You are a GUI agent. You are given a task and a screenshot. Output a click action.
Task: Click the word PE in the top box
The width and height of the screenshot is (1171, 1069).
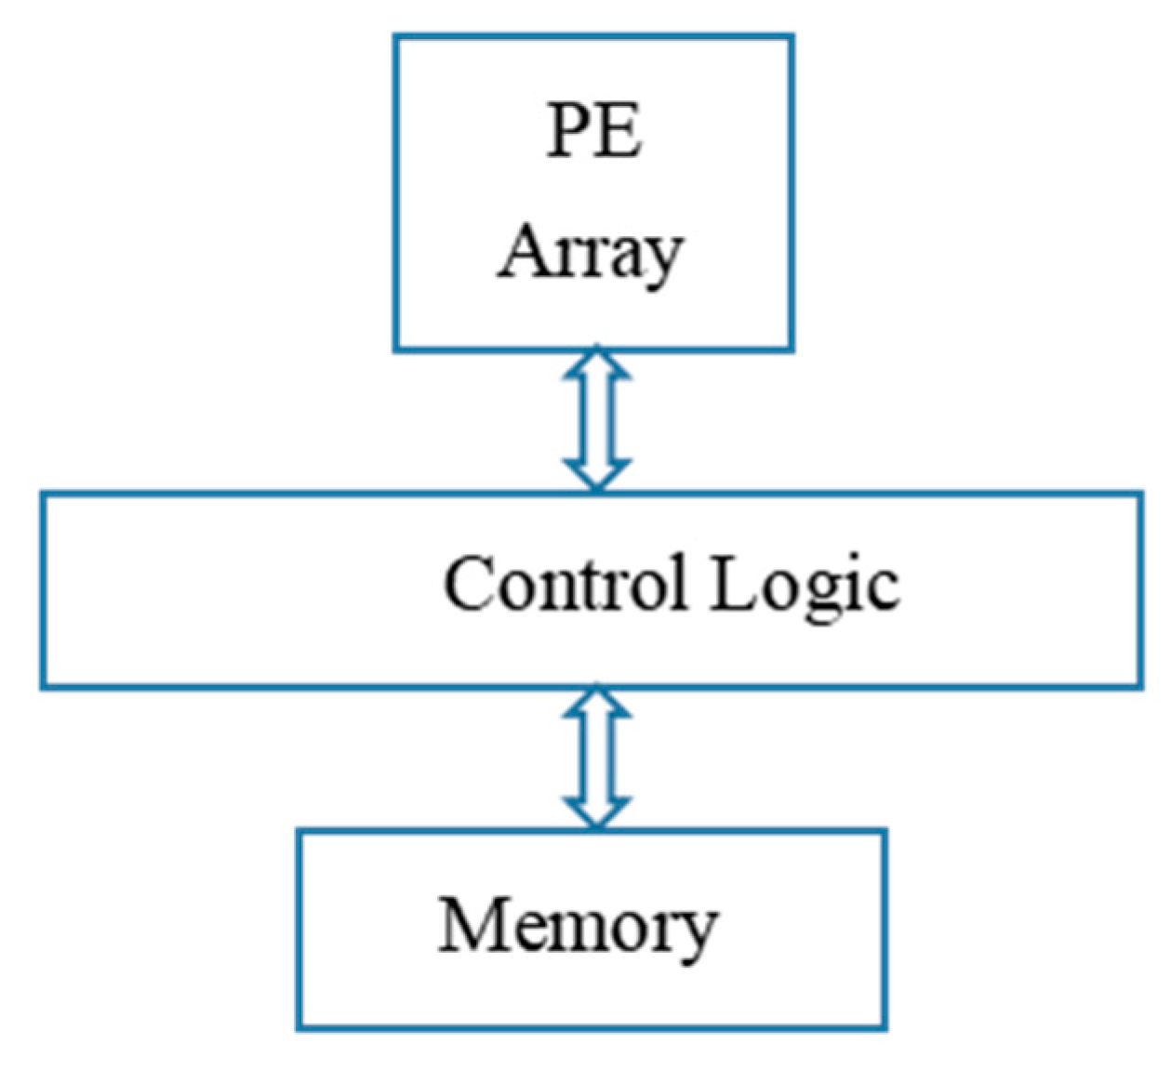593,132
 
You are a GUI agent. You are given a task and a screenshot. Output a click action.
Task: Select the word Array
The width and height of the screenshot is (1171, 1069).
592,252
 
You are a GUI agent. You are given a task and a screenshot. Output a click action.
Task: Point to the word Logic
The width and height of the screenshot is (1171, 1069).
805,587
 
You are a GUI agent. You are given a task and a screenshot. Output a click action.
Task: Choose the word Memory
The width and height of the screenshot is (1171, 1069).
578,927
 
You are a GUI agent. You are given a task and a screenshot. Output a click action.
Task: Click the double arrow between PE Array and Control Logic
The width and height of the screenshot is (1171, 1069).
597,419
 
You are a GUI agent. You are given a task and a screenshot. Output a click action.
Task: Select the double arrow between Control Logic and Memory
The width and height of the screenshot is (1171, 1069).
597,758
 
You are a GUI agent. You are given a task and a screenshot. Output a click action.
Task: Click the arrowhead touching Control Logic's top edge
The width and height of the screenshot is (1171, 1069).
597,474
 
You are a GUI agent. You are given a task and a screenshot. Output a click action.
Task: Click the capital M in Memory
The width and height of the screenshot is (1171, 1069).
473,924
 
